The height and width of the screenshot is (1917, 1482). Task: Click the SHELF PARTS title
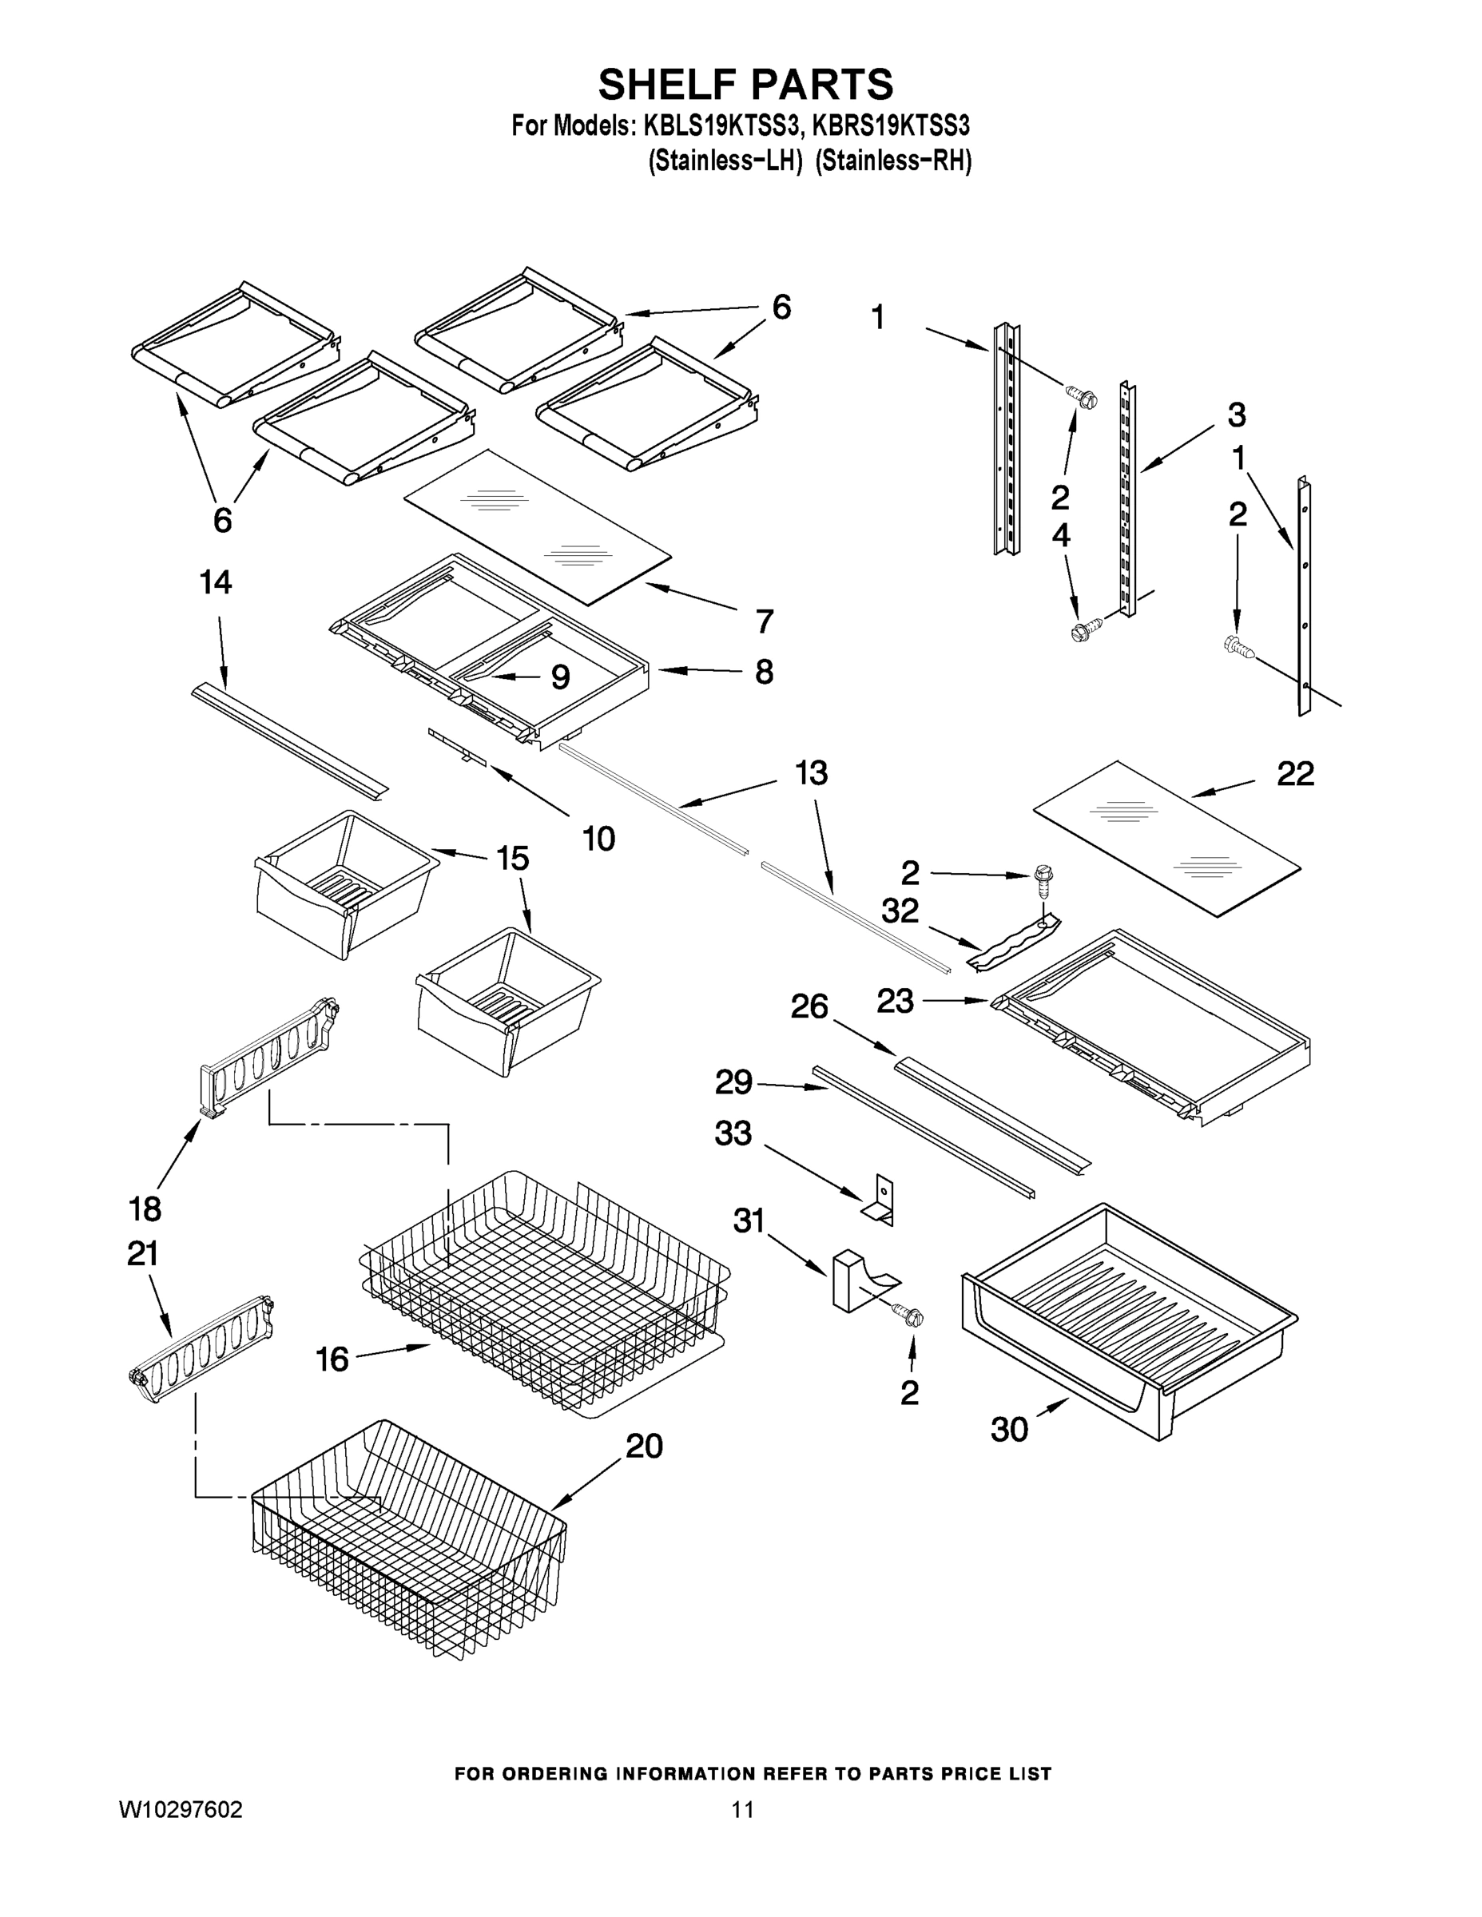pos(745,85)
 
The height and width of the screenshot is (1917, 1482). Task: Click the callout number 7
pos(765,621)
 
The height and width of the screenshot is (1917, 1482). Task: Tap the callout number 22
pos(1295,774)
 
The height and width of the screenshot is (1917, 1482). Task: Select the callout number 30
pos(1009,1430)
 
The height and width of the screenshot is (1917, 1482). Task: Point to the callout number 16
pos(332,1359)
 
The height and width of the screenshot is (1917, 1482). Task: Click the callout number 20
pos(644,1446)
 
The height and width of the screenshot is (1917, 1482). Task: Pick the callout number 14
pos(216,582)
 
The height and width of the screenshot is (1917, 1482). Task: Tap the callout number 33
pos(733,1133)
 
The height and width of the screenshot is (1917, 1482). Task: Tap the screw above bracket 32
pos(1043,879)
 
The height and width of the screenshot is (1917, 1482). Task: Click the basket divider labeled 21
pos(202,1343)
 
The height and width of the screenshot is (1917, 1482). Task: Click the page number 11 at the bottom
pos(742,1809)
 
